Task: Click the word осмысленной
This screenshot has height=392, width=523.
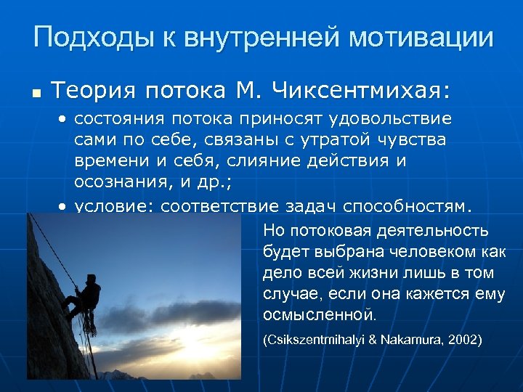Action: (319, 315)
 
